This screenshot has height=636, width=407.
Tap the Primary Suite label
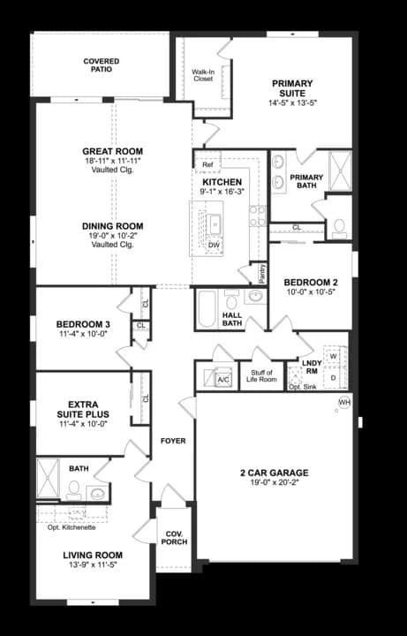[x=292, y=88]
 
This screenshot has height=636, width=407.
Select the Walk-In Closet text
[x=203, y=75]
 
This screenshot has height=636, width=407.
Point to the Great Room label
[x=113, y=151]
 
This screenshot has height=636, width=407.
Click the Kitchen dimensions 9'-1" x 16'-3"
[x=222, y=192]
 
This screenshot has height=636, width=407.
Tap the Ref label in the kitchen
[x=207, y=165]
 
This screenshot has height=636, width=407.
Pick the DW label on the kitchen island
[x=214, y=245]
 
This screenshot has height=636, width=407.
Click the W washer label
[x=333, y=355]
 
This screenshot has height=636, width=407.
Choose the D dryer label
[x=333, y=377]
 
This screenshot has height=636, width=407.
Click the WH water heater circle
[x=344, y=403]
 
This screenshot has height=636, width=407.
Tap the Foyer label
[x=173, y=441]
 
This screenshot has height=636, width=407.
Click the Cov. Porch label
[x=174, y=538]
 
